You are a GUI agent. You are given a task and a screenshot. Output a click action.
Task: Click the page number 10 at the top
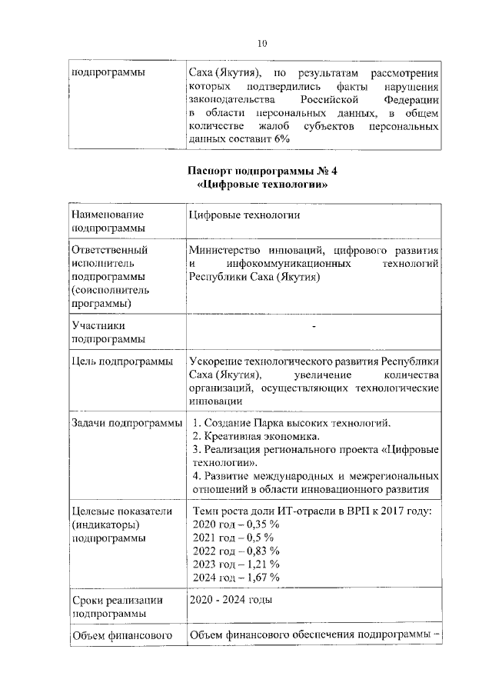(262, 44)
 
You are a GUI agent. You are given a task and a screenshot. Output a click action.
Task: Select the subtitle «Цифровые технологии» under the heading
(261, 185)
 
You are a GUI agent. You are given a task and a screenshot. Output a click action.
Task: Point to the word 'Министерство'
(223, 250)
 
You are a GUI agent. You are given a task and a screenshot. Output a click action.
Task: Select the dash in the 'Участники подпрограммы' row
(314, 328)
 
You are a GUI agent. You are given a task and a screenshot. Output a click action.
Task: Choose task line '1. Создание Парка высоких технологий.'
(291, 423)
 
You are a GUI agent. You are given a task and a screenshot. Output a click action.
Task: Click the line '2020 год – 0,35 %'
(236, 524)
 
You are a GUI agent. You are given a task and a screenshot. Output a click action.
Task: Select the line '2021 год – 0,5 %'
(232, 538)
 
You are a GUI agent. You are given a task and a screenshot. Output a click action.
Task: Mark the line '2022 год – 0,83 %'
(236, 551)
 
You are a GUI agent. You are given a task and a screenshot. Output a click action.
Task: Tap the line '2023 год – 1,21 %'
(235, 564)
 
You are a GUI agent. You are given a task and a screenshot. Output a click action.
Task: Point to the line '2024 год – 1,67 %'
(236, 577)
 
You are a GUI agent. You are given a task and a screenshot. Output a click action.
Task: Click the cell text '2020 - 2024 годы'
(230, 600)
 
